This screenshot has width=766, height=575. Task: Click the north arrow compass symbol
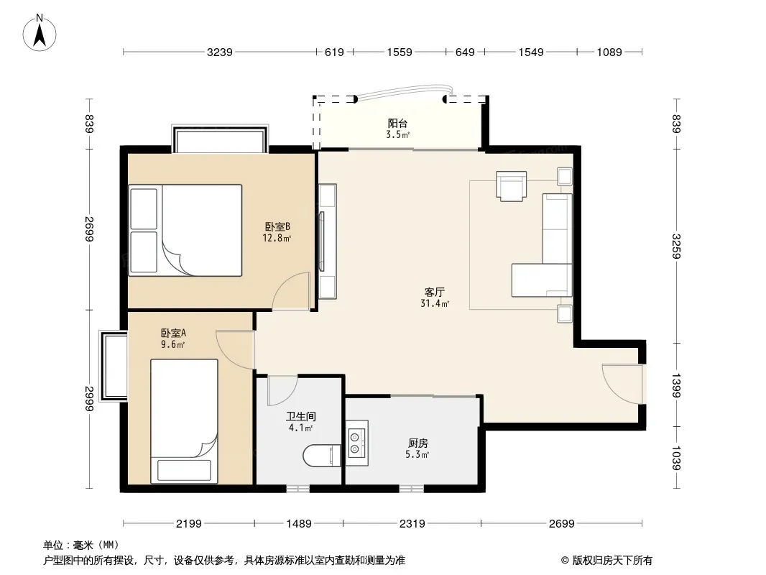tap(40, 33)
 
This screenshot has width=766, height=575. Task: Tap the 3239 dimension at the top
tap(219, 52)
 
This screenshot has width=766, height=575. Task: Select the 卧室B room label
tap(277, 226)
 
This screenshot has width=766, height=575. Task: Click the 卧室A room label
tap(173, 333)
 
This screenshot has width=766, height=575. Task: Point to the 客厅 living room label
tap(434, 292)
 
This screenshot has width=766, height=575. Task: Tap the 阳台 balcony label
tap(397, 124)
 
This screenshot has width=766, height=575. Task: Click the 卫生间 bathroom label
tap(301, 417)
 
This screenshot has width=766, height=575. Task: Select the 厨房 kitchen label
tap(417, 443)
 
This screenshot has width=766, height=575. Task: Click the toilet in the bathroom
tap(322, 455)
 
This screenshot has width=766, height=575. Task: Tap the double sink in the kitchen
tap(357, 441)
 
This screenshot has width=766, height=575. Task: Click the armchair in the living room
tap(512, 185)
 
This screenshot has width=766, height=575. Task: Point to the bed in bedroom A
tap(184, 421)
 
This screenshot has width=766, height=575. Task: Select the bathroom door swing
tap(282, 390)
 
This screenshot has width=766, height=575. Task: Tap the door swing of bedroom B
tap(291, 291)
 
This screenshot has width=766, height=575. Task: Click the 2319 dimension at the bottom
tap(412, 524)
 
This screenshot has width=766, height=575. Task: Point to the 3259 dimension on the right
tap(676, 247)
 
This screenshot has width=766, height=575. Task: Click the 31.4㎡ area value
tap(435, 303)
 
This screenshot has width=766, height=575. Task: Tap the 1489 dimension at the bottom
tap(298, 524)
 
